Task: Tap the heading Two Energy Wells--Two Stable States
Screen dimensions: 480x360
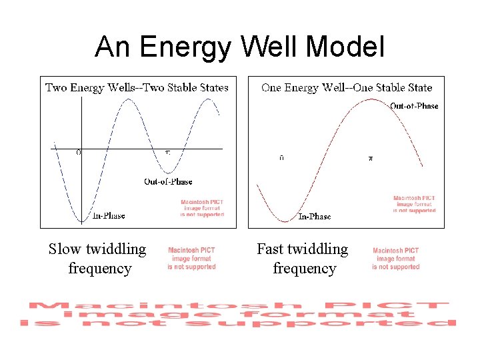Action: click(137, 87)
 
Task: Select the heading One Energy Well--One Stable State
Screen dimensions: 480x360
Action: click(347, 87)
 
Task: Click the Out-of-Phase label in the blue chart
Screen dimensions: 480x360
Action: click(168, 181)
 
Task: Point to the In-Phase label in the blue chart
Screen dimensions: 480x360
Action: click(109, 215)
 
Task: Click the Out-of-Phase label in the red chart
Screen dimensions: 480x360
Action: click(414, 105)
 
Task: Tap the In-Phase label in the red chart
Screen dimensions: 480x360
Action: click(314, 216)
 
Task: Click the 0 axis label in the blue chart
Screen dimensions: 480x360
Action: click(79, 153)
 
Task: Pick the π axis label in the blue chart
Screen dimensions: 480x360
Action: click(168, 153)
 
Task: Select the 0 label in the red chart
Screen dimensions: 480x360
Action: click(281, 159)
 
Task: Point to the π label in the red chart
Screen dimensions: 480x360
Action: click(371, 159)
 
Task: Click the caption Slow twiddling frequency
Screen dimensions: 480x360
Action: click(97, 259)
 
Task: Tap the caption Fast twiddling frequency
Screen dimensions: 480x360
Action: click(303, 259)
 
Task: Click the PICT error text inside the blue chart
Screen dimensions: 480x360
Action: click(202, 208)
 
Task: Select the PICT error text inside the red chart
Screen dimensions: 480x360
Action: click(414, 204)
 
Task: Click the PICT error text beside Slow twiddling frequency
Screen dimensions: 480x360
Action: click(191, 259)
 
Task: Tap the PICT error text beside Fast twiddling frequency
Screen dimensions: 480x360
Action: click(396, 259)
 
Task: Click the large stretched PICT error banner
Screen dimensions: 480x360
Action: click(239, 314)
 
